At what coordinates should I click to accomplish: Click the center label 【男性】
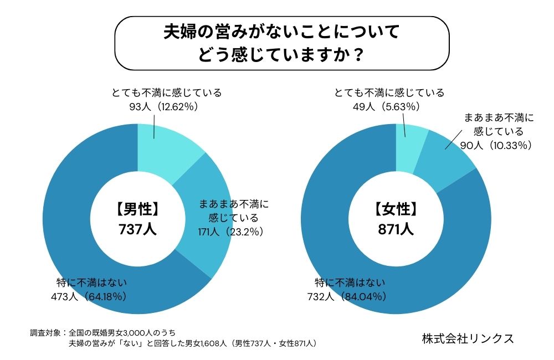137,209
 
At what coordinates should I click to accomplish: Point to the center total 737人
137,229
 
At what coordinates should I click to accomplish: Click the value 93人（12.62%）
163,107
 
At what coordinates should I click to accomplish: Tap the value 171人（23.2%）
228,230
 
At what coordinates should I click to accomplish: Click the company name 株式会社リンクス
468,338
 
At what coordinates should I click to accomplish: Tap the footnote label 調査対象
46,333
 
